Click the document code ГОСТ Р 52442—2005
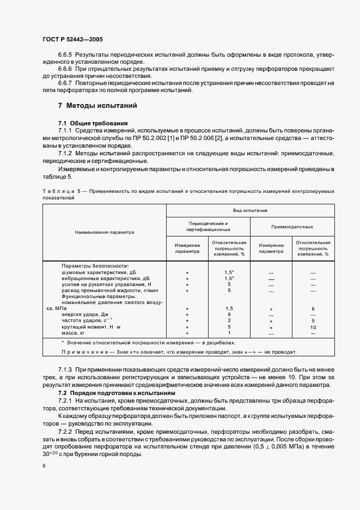[72, 40]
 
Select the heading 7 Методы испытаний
[97, 105]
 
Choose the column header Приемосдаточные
[292, 226]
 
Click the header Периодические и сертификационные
[208, 226]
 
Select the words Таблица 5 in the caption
[60, 191]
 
